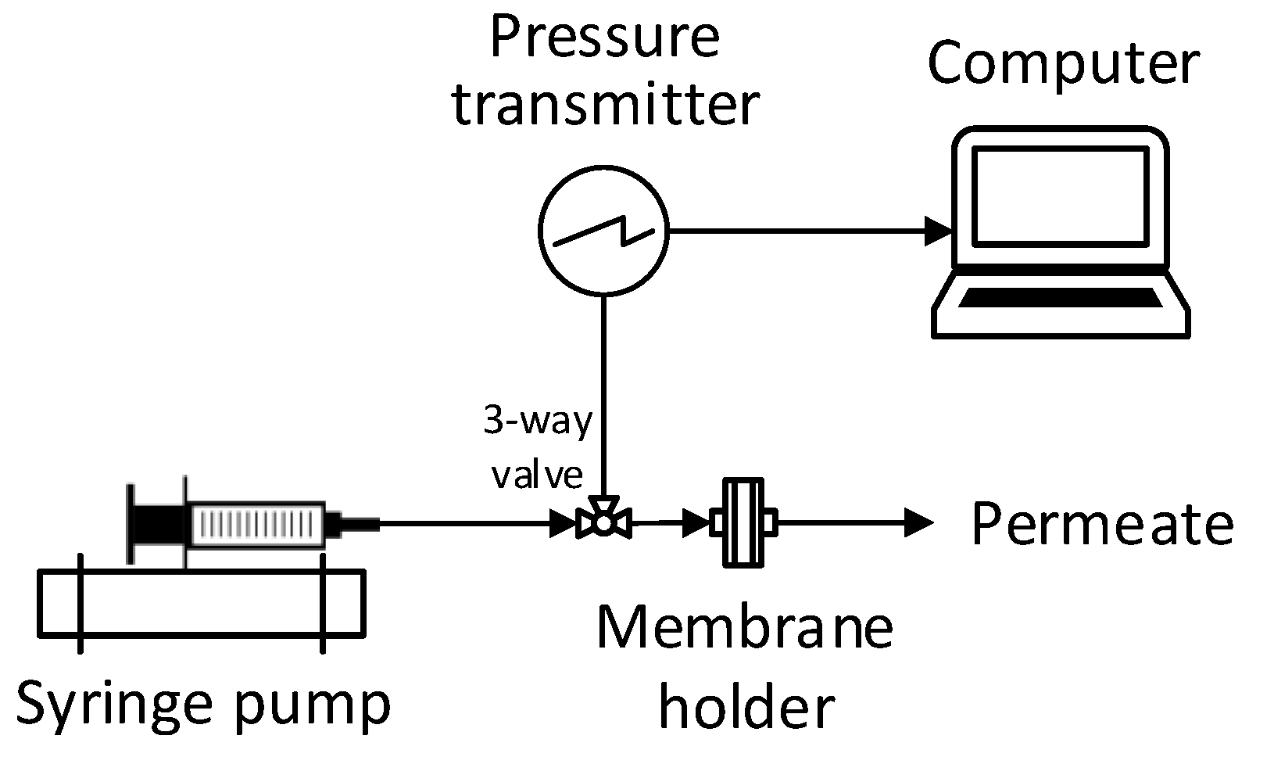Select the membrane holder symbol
click(x=743, y=522)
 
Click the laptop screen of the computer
click(x=1060, y=196)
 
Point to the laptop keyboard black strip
click(x=1061, y=298)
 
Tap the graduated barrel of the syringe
click(x=258, y=523)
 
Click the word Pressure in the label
click(x=603, y=38)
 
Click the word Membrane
click(x=744, y=630)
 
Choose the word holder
click(x=746, y=708)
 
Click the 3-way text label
click(x=537, y=423)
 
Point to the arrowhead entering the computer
click(x=939, y=231)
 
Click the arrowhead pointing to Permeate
click(x=919, y=522)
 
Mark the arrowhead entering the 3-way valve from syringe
click(x=562, y=523)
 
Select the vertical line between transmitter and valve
click(x=603, y=391)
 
